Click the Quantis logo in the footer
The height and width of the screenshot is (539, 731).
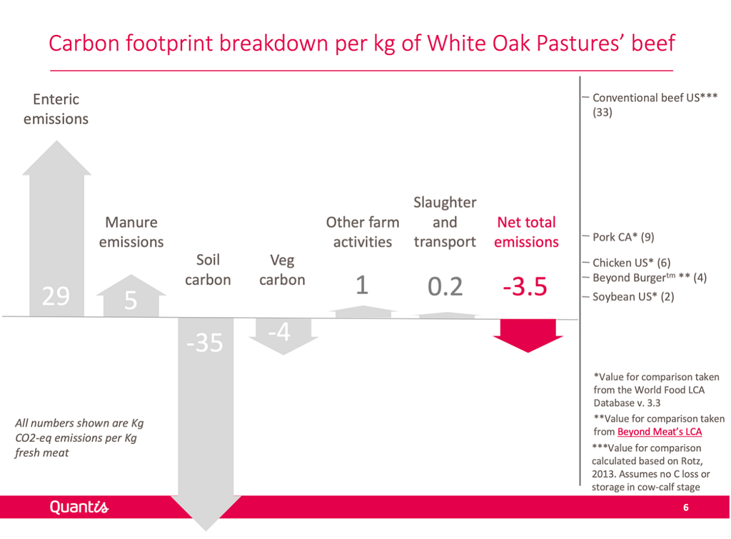pyautogui.click(x=79, y=507)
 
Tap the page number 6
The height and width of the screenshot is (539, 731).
pyautogui.click(x=686, y=508)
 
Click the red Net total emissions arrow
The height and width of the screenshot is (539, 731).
pyautogui.click(x=528, y=336)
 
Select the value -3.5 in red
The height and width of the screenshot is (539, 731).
pyautogui.click(x=525, y=286)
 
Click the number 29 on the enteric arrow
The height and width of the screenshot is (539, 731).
pyautogui.click(x=56, y=296)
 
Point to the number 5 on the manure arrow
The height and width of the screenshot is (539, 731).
pyautogui.click(x=131, y=301)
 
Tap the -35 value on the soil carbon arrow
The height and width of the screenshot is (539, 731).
pyautogui.click(x=205, y=343)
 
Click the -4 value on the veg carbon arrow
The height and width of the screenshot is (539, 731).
pyautogui.click(x=279, y=332)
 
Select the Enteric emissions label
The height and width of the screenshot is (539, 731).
pyautogui.click(x=56, y=109)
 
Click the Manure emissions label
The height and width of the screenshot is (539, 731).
pyautogui.click(x=131, y=232)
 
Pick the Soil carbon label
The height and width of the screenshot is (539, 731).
pyautogui.click(x=208, y=270)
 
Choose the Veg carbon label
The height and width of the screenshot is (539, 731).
pyautogui.click(x=282, y=270)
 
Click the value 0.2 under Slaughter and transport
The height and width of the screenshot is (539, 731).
pyautogui.click(x=445, y=286)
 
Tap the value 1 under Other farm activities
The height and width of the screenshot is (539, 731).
pyautogui.click(x=362, y=285)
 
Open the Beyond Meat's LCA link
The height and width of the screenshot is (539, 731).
pyautogui.click(x=659, y=432)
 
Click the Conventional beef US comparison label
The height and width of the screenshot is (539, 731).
pyautogui.click(x=655, y=105)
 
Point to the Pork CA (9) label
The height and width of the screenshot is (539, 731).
pyautogui.click(x=623, y=237)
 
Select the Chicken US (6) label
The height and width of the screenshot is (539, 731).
pyautogui.click(x=631, y=263)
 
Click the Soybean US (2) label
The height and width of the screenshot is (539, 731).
pyautogui.click(x=633, y=297)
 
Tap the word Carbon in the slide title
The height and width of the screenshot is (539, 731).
pyautogui.click(x=84, y=44)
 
